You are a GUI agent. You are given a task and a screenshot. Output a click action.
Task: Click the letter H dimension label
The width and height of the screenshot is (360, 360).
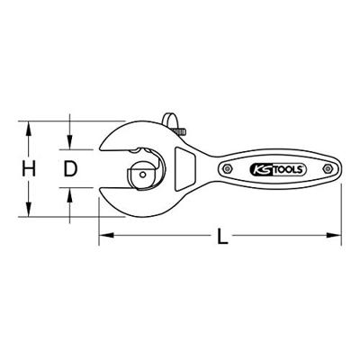[x=29, y=168]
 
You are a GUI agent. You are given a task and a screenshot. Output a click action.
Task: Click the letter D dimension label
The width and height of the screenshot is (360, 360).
[x=70, y=168]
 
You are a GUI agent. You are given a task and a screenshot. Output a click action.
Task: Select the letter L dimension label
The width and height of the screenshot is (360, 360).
[x=222, y=236]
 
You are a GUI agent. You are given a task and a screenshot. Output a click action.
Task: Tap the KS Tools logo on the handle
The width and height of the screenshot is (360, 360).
[x=278, y=169]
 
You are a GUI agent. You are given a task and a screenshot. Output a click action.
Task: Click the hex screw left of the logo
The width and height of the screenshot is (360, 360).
[x=228, y=168]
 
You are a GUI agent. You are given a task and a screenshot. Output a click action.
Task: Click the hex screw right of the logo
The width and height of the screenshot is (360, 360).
[x=327, y=168]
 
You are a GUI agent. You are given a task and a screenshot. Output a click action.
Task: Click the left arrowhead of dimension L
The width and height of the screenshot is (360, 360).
[x=106, y=235]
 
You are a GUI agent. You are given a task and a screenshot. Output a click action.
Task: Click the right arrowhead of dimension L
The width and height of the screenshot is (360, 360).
[x=334, y=235]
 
